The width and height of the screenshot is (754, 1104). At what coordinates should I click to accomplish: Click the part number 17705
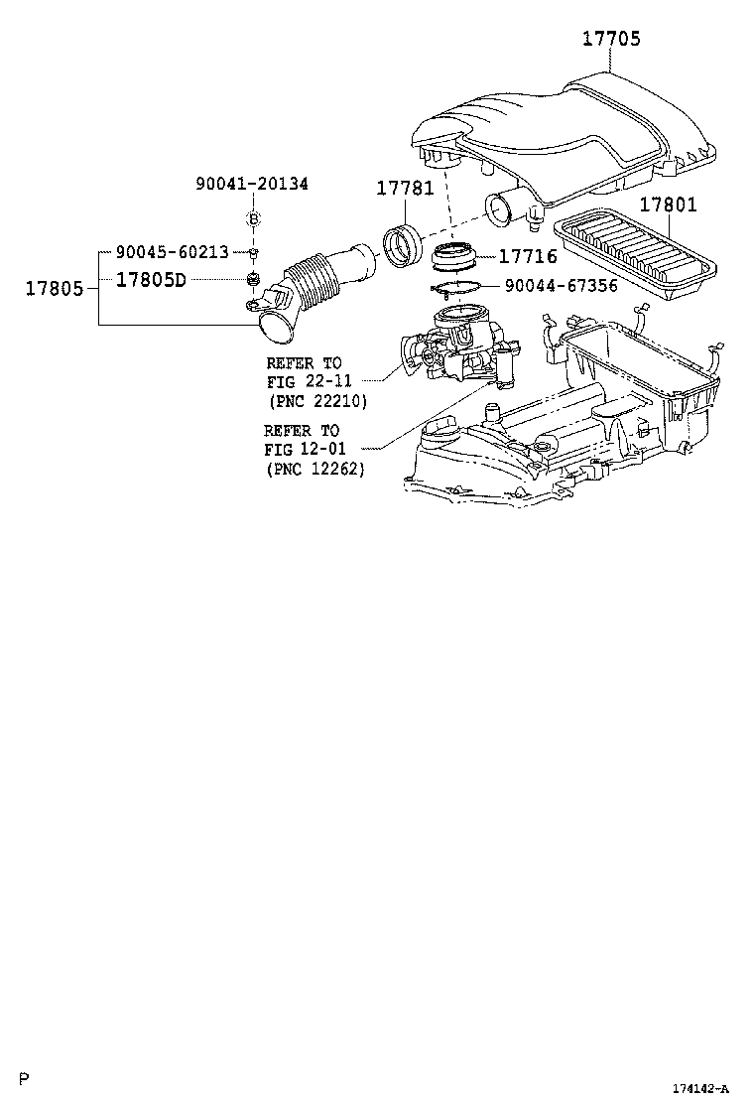[x=611, y=40]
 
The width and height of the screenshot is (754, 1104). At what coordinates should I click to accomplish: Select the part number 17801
[x=668, y=206]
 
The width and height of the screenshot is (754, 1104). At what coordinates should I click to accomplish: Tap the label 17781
[x=405, y=189]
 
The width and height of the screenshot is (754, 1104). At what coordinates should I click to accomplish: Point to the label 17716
[x=527, y=256]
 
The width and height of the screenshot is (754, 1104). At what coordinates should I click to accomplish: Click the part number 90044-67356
[x=561, y=286]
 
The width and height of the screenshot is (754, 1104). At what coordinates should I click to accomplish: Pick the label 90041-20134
[x=252, y=184]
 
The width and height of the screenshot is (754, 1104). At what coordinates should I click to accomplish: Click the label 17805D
[x=151, y=279]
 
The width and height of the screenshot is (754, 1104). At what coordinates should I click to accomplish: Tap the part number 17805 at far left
[x=56, y=288]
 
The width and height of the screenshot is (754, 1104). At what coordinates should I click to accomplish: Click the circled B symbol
[x=253, y=218]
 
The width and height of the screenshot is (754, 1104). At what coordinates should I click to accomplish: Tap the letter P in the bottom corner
[x=26, y=1078]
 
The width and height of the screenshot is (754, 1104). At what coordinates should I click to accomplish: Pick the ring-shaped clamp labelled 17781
[x=403, y=247]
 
